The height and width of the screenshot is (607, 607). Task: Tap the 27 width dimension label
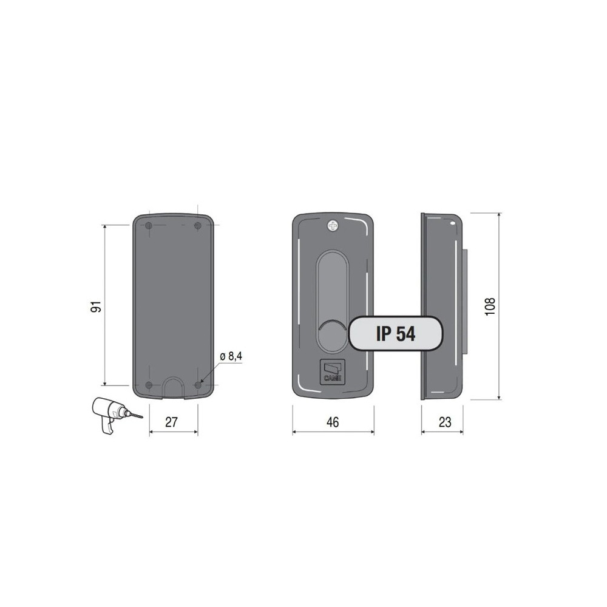coord(171,422)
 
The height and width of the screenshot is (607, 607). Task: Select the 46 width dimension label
coord(333,422)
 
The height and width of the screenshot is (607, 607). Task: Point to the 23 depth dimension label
coord(445,422)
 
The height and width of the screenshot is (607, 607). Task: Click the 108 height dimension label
coord(490,306)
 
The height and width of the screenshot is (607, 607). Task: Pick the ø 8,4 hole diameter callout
coord(231,356)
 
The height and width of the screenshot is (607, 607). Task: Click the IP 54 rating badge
coord(396,333)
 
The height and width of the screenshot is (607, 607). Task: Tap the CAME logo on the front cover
coord(332,372)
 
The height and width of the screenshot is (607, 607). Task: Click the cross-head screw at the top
coord(333,225)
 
